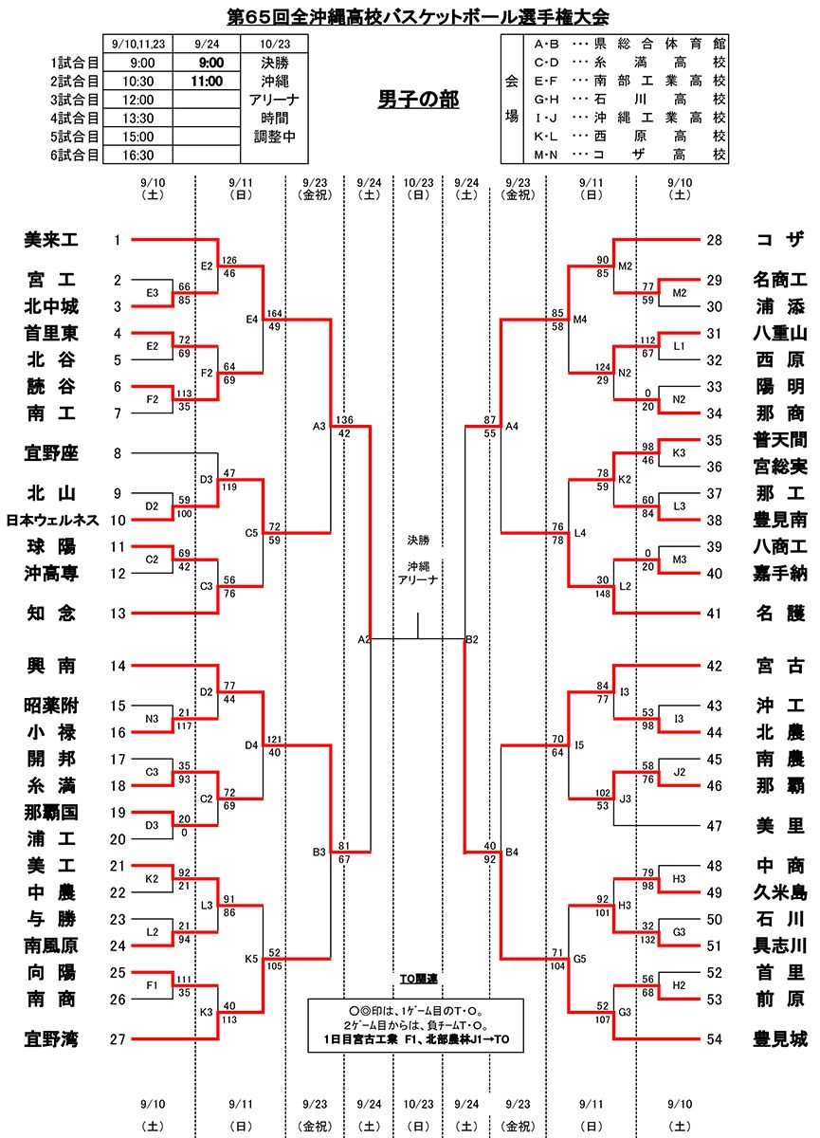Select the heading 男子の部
pyautogui.click(x=418, y=100)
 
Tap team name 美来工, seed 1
pyautogui.click(x=51, y=241)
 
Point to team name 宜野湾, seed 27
pyautogui.click(x=51, y=1040)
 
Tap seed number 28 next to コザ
pyautogui.click(x=715, y=241)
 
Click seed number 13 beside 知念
pyautogui.click(x=118, y=614)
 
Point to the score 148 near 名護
pyautogui.click(x=602, y=595)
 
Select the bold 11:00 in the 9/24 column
pyautogui.click(x=207, y=82)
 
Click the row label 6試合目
pyautogui.click(x=75, y=156)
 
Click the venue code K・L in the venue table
pyautogui.click(x=546, y=136)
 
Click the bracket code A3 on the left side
pyautogui.click(x=319, y=426)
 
